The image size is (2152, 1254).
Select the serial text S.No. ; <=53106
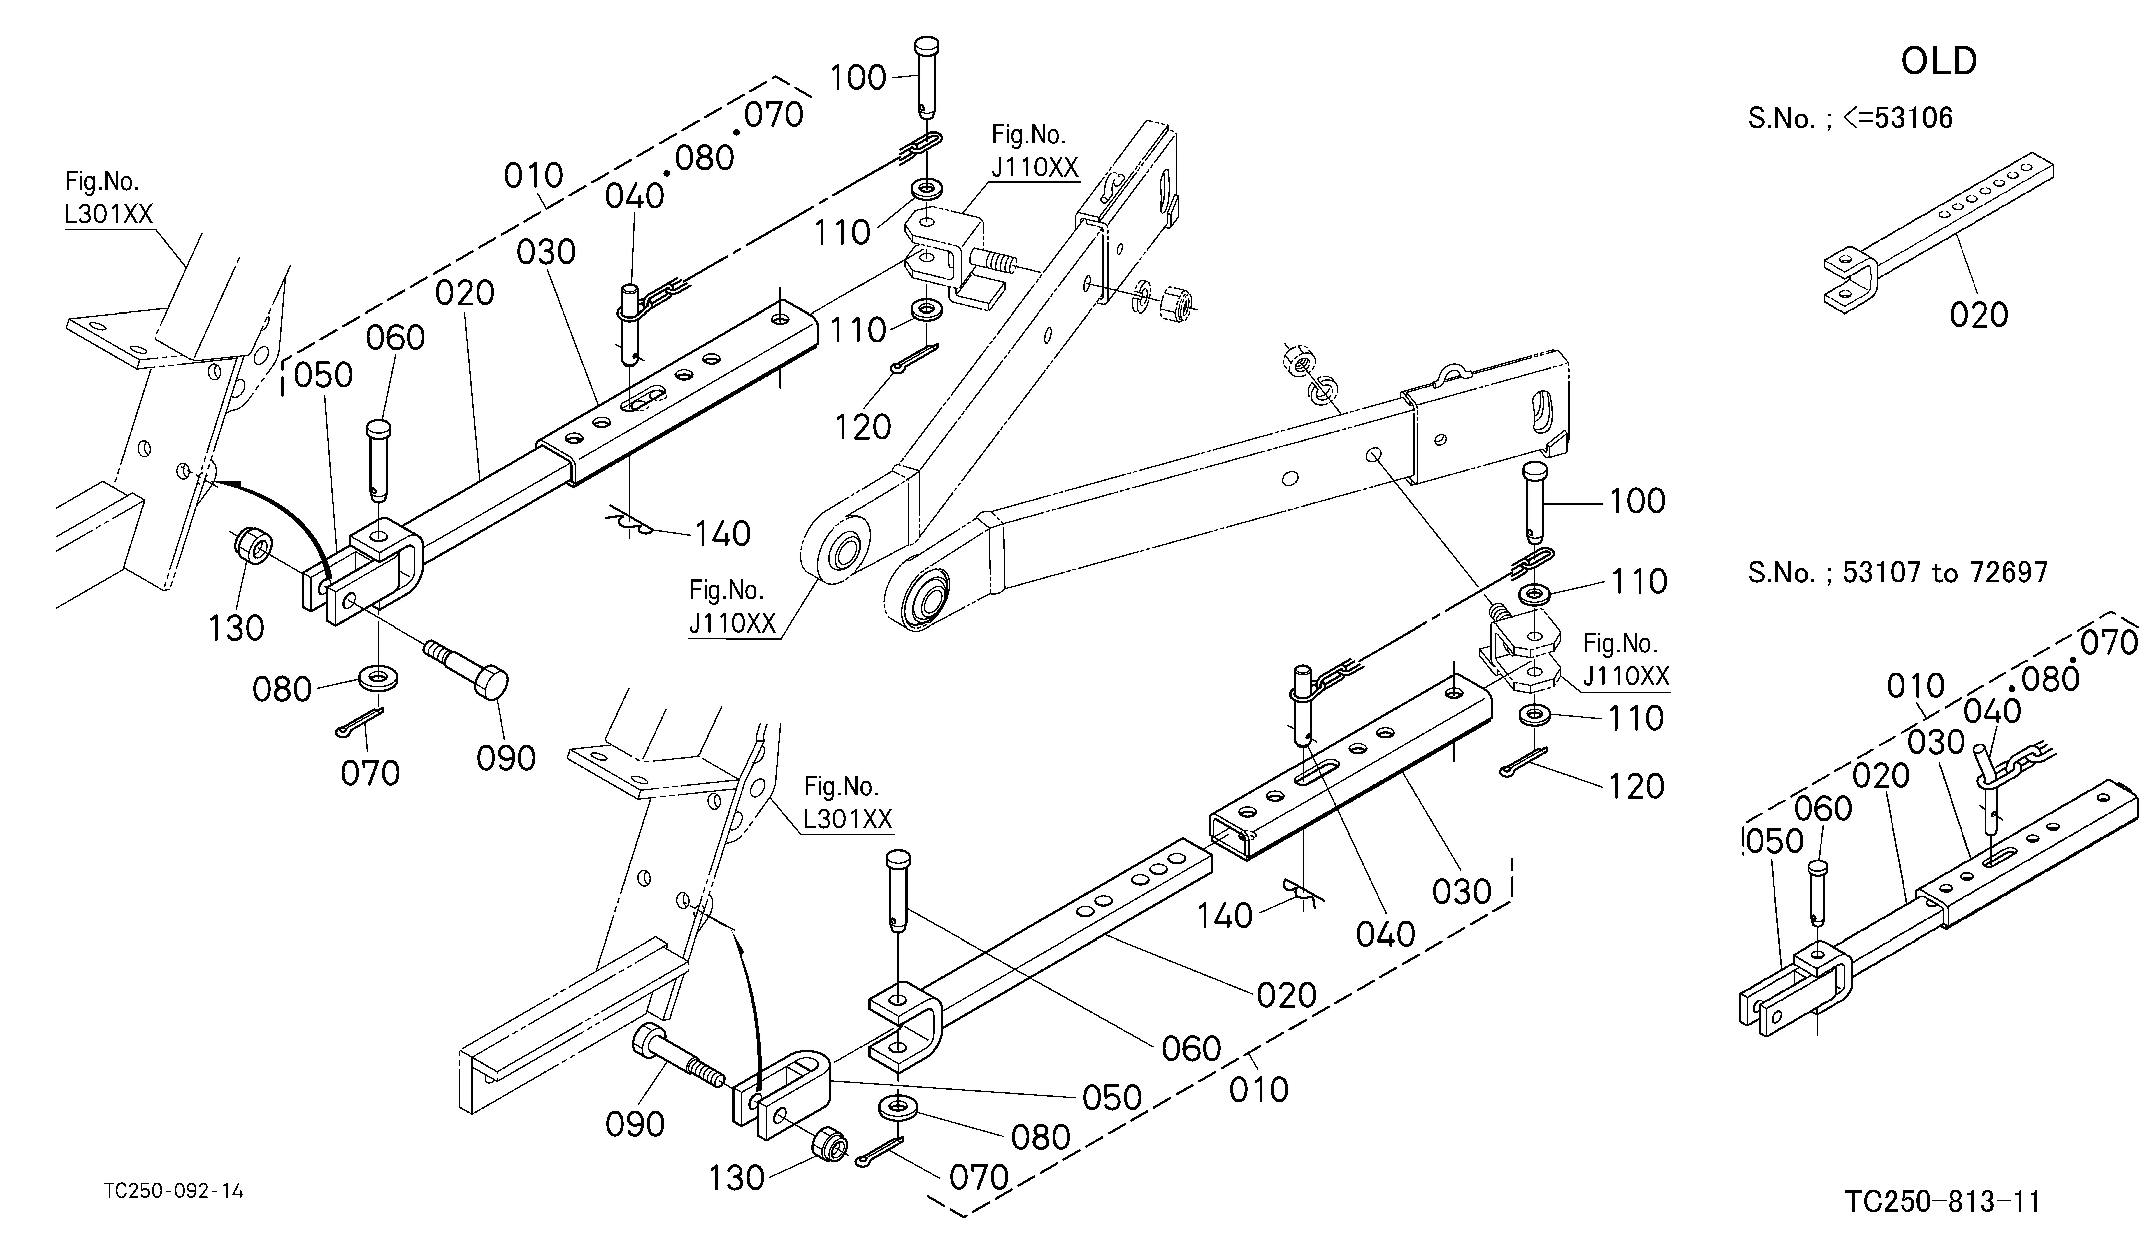tap(1850, 118)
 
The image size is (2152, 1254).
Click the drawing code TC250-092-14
tap(173, 1191)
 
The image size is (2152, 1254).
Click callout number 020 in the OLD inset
tap(1979, 315)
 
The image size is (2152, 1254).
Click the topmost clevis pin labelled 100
tap(927, 77)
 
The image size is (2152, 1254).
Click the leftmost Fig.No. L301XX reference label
tap(109, 197)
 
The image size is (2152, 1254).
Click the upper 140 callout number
tap(722, 534)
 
